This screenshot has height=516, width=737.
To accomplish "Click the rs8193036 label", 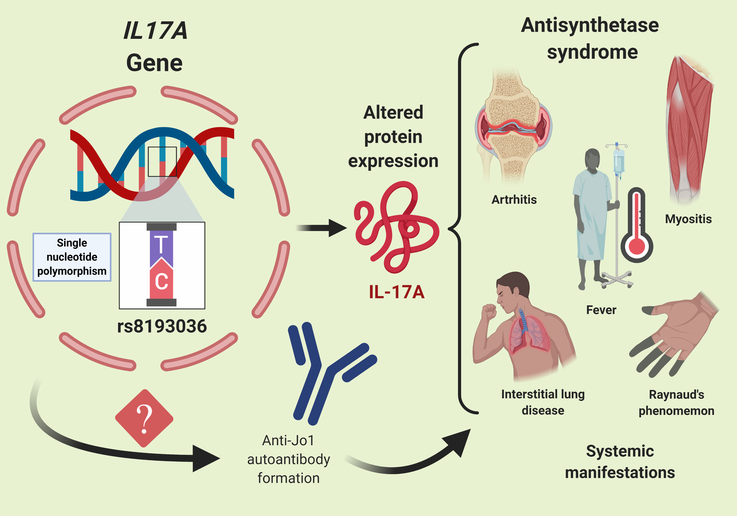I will [x=162, y=326].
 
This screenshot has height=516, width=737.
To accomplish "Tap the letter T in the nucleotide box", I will [x=161, y=245].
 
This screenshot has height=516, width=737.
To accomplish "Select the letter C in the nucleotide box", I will [x=161, y=282].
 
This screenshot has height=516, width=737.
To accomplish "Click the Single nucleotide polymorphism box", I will [x=72, y=257].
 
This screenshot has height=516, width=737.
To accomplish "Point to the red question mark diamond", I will [x=144, y=418].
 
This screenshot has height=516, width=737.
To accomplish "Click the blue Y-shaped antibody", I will [x=321, y=373].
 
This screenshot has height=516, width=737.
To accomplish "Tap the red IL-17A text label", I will [x=397, y=292].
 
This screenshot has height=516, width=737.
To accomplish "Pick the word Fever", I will [x=601, y=310].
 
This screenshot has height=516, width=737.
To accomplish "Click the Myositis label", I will [x=688, y=219].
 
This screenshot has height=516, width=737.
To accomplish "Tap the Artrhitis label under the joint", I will [x=514, y=200].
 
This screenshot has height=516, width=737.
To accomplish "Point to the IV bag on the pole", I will [x=619, y=162].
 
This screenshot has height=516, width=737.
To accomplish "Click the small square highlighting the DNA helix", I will [x=162, y=161].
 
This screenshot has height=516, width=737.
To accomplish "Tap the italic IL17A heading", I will [x=155, y=31].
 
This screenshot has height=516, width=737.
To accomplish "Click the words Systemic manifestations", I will [x=620, y=462].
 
